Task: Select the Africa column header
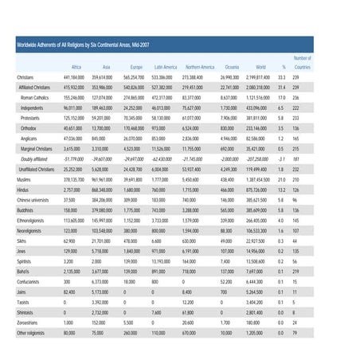76,68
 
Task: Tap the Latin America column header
165,68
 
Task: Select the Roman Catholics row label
35,96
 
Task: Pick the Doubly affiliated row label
37,158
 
